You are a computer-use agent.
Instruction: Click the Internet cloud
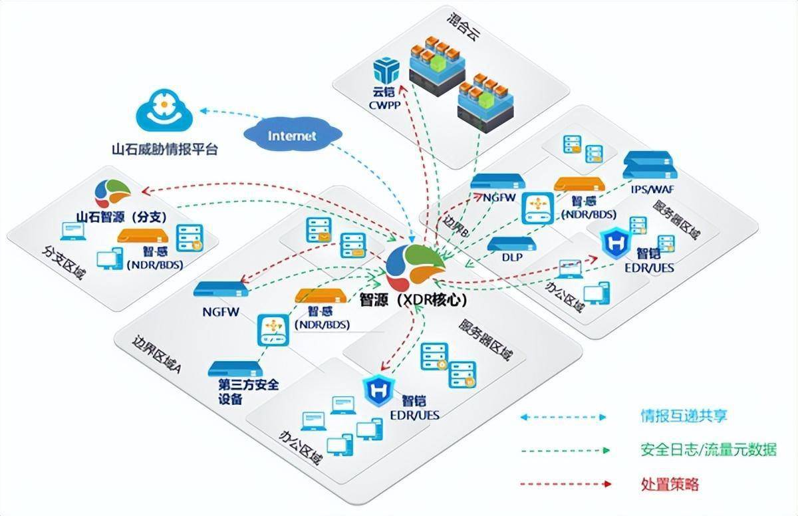292,136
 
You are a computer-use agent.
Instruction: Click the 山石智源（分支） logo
112,193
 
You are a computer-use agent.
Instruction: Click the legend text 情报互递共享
684,417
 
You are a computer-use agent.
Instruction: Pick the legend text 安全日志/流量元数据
708,450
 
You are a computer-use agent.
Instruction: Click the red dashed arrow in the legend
563,483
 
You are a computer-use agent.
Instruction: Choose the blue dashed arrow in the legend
563,417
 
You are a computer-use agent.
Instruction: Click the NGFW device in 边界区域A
221,290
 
